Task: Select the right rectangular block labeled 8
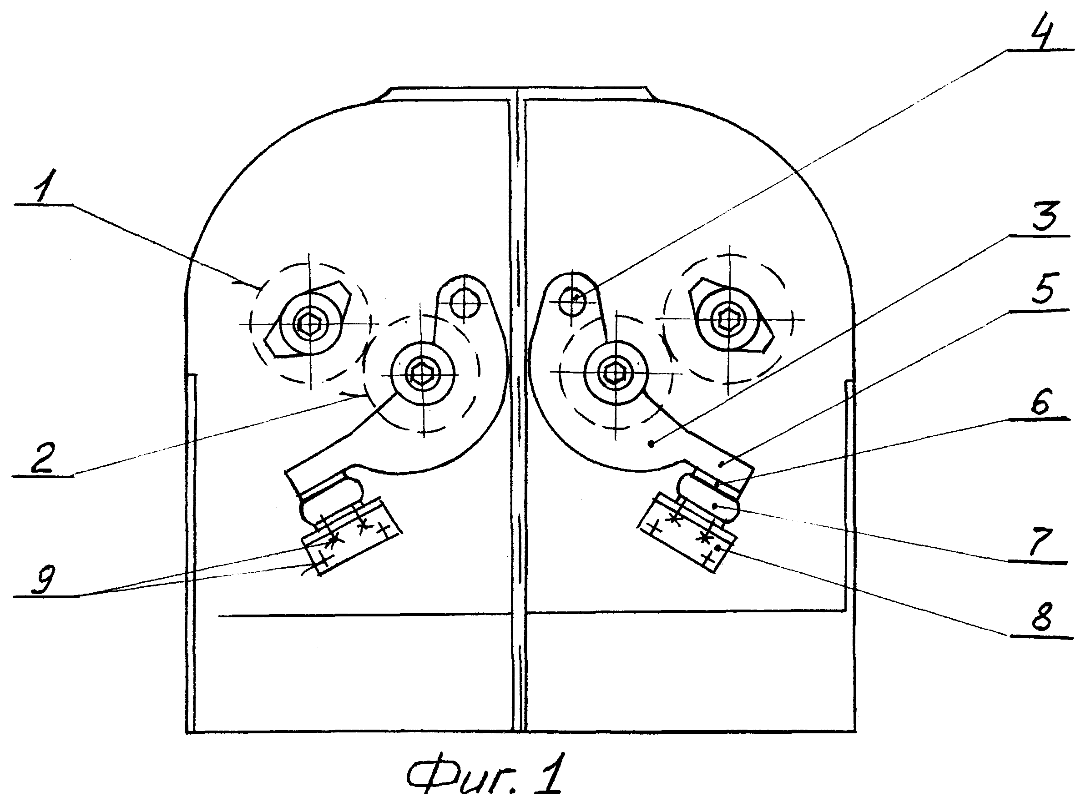[x=687, y=533]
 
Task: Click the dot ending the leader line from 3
[x=652, y=443]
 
